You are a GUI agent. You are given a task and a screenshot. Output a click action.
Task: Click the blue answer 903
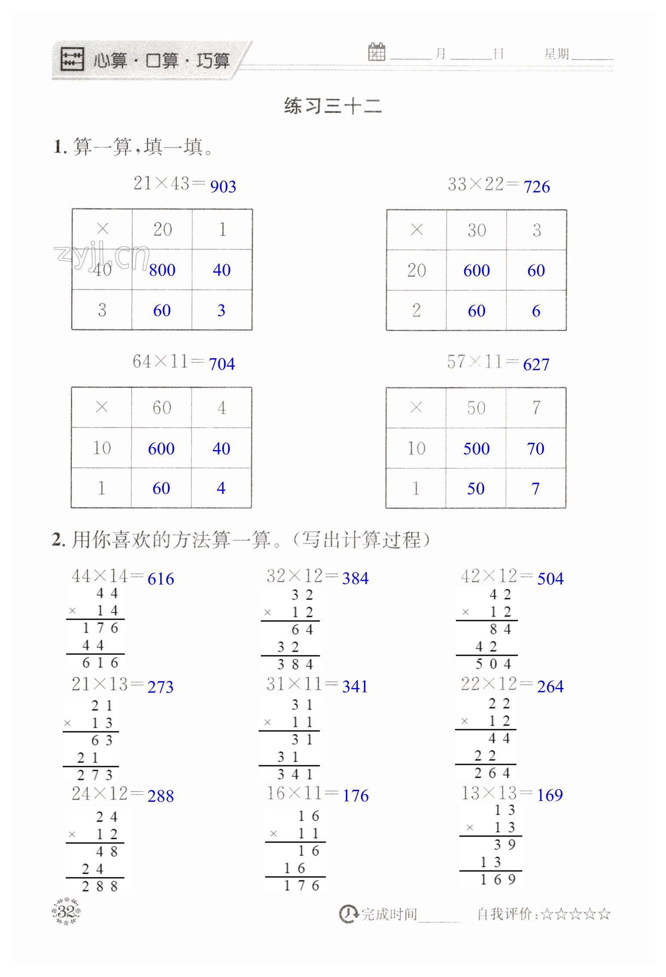coord(223,186)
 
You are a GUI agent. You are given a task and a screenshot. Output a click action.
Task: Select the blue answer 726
coord(537,187)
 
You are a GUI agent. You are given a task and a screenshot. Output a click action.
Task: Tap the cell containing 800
coord(162,270)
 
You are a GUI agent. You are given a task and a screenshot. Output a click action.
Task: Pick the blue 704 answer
coord(222,364)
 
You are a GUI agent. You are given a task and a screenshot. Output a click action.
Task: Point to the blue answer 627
coord(536,365)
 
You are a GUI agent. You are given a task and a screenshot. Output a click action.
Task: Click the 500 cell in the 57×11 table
coord(476,449)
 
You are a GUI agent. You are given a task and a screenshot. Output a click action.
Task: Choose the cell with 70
coord(535,449)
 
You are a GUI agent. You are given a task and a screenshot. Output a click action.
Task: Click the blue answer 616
coord(161,579)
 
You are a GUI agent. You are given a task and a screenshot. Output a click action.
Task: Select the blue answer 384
coord(355,578)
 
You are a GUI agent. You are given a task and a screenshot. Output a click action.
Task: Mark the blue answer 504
coord(550,578)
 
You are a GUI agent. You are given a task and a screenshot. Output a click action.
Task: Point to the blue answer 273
coord(160,687)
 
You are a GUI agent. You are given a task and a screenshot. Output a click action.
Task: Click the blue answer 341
coord(355,687)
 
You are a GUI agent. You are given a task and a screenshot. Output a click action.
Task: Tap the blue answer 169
coord(550,795)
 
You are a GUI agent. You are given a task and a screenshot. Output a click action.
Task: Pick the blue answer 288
coord(161,796)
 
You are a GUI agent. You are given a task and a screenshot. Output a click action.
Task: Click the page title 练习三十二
coord(333,106)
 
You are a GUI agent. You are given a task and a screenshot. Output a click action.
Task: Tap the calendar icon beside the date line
coord(377,52)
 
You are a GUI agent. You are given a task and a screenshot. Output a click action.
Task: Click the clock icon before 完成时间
coord(348,914)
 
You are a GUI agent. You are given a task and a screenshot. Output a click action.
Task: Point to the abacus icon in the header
coord(72,59)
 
